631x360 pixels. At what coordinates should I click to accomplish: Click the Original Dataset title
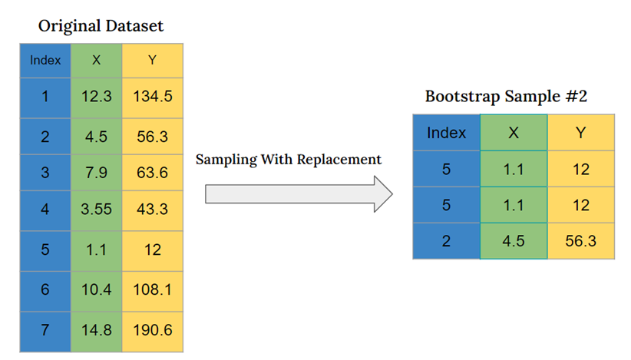[x=101, y=26]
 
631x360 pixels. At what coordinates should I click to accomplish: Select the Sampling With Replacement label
[x=288, y=160]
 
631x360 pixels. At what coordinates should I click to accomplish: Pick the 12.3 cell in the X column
[x=96, y=97]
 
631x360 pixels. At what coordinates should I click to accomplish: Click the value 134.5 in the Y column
[x=152, y=97]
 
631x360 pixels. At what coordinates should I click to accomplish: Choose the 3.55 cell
[x=96, y=208]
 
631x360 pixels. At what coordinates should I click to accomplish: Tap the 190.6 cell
[x=152, y=331]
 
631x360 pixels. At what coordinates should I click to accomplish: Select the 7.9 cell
[x=96, y=172]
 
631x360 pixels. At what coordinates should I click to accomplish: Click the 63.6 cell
[x=152, y=172]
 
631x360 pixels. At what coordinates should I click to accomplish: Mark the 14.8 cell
[x=96, y=331]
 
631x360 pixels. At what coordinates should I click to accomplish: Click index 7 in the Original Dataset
[x=45, y=331]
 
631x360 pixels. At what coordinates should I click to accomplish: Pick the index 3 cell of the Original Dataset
[x=45, y=172]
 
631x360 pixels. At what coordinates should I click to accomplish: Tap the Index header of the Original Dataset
[x=45, y=60]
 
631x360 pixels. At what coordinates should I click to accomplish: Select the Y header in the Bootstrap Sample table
[x=580, y=133]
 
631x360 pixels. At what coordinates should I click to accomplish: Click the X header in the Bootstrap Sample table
[x=514, y=133]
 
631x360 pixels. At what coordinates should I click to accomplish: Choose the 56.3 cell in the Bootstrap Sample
[x=580, y=241]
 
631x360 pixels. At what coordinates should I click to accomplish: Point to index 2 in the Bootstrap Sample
[x=446, y=241]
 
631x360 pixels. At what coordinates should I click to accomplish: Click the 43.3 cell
[x=152, y=208]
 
